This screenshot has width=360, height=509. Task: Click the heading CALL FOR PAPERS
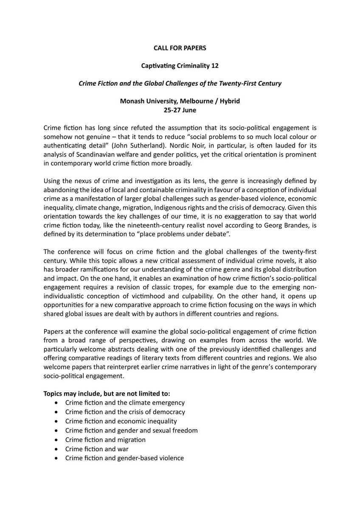[180, 48]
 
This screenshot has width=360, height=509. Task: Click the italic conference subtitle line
[180, 84]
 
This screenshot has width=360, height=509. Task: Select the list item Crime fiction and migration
[105, 440]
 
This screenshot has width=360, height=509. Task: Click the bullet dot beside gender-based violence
[57, 459]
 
